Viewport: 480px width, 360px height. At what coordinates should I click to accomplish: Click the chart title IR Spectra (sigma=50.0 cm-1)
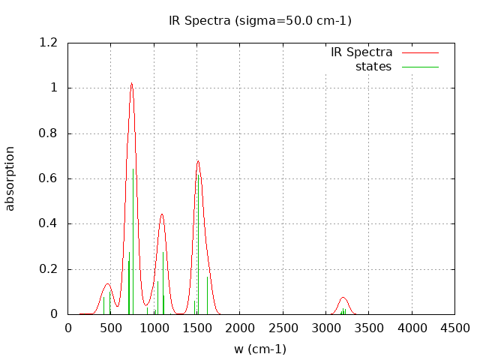tap(259, 21)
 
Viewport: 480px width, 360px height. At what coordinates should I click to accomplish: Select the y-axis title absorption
tap(10, 178)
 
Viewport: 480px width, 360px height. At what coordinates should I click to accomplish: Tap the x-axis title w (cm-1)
tap(259, 349)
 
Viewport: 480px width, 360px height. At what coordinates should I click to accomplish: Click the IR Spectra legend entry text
tap(361, 52)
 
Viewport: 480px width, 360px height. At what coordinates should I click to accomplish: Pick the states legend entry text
tap(373, 67)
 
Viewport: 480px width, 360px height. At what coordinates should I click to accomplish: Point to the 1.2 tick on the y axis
tap(49, 43)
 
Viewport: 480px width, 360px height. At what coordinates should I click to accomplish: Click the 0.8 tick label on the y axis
tap(49, 133)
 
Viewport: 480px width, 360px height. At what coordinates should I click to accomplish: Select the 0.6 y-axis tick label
tap(49, 178)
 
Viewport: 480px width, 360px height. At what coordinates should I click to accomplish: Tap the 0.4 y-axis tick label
tap(49, 223)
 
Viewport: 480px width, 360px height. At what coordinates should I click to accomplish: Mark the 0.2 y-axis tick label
tap(49, 269)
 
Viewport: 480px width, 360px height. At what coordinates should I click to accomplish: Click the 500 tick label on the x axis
tap(111, 328)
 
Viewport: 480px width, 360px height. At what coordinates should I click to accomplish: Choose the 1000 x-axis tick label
tap(154, 328)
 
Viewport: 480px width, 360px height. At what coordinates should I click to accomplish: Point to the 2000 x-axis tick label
tap(240, 328)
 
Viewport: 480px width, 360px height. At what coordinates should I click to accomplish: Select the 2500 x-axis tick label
tap(283, 328)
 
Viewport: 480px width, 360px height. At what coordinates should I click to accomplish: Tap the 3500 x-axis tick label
tap(369, 328)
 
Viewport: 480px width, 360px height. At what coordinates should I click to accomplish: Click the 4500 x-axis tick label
tap(454, 328)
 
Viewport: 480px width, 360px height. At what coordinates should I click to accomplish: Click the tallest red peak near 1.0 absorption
tap(131, 83)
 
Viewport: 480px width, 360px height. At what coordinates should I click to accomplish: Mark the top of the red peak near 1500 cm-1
tap(198, 160)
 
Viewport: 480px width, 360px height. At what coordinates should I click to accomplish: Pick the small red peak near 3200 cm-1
tap(343, 298)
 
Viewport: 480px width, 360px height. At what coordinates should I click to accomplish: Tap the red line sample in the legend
tap(420, 52)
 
